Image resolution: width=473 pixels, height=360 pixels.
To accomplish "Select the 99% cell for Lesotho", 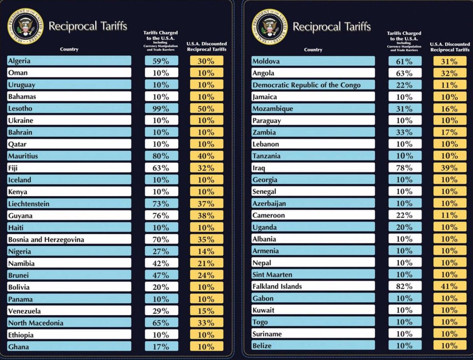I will [161, 108].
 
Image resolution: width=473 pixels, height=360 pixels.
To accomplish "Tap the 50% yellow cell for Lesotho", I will [207, 108].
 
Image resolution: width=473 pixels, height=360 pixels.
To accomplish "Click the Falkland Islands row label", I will [277, 286].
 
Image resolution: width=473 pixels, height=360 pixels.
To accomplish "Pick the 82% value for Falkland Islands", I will [405, 286].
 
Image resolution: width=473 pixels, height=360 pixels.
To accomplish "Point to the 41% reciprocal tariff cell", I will [450, 286].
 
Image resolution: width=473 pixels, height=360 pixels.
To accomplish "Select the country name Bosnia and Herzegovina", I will [46, 239].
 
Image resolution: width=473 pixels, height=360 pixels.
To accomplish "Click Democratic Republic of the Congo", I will [307, 85].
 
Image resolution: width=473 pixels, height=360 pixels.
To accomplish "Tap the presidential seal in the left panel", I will [24, 26].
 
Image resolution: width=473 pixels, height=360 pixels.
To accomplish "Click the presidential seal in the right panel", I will [268, 26].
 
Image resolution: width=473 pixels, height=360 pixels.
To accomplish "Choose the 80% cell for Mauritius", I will [161, 156].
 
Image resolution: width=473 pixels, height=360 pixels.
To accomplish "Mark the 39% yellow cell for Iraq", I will [450, 168].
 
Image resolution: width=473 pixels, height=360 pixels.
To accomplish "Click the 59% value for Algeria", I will [161, 61].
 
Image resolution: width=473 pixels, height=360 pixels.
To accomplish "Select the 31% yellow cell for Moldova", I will [450, 61].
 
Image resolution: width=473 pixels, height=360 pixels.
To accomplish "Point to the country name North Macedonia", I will [35, 323].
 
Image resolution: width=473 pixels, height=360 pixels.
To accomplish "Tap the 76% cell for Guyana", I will [161, 216].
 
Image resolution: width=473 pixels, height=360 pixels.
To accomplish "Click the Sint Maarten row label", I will [272, 274].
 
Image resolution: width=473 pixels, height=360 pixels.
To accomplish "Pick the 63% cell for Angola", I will [405, 73].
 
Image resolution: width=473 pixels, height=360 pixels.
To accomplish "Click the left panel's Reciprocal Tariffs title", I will [88, 26].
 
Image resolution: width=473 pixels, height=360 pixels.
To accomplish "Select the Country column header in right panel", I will [313, 50].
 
